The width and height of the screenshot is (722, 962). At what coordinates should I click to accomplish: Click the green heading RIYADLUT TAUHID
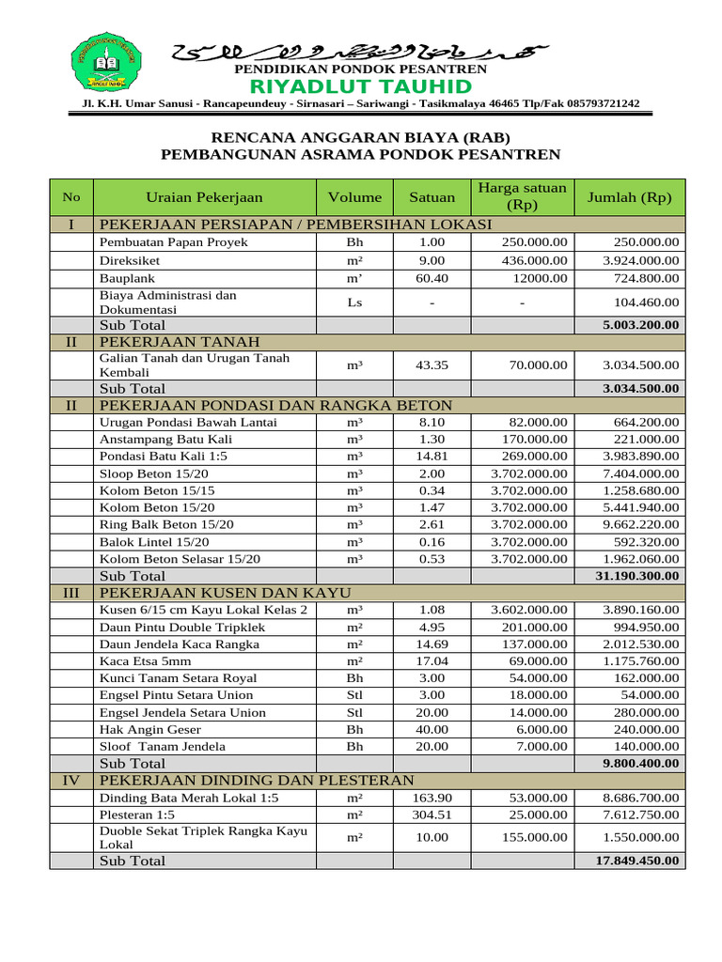(360, 87)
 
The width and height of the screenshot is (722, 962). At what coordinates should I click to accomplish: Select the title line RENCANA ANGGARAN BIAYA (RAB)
(360, 134)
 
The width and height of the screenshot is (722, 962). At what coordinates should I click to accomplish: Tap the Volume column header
(354, 197)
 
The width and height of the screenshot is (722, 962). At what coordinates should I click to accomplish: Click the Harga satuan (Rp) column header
(522, 197)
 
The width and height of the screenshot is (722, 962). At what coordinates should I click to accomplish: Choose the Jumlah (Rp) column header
(629, 197)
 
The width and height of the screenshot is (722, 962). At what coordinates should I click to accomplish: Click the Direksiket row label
(130, 260)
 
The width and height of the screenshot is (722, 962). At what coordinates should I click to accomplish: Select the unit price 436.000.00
(534, 260)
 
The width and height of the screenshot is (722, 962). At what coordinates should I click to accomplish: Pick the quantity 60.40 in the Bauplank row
(432, 279)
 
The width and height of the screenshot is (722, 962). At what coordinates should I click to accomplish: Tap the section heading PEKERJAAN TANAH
(179, 341)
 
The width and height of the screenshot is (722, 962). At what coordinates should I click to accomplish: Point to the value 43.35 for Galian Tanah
(432, 365)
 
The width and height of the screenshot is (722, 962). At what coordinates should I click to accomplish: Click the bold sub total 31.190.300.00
(636, 576)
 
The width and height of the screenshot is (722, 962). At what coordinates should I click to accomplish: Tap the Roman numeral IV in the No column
(71, 781)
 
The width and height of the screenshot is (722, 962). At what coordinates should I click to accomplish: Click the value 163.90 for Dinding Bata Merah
(432, 798)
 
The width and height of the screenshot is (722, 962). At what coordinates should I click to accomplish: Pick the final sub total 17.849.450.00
(636, 861)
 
